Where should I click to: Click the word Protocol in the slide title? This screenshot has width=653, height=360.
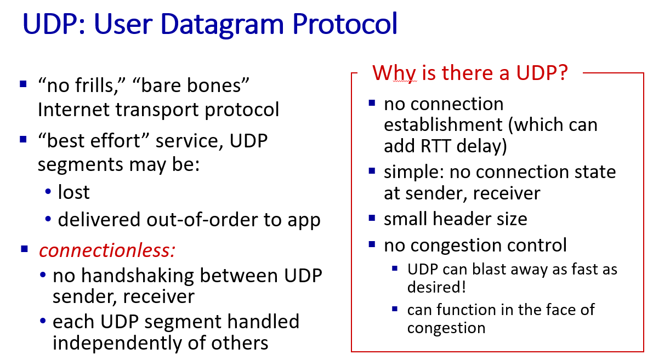click(x=345, y=24)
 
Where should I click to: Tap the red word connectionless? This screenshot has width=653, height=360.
click(x=107, y=250)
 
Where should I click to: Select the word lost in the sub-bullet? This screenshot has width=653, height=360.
click(x=73, y=192)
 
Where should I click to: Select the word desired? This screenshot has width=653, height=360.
click(x=436, y=287)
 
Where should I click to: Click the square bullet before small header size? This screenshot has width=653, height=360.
click(x=372, y=218)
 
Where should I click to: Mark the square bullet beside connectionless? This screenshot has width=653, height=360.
click(x=24, y=249)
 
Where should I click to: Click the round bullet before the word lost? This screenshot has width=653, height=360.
click(x=48, y=191)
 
